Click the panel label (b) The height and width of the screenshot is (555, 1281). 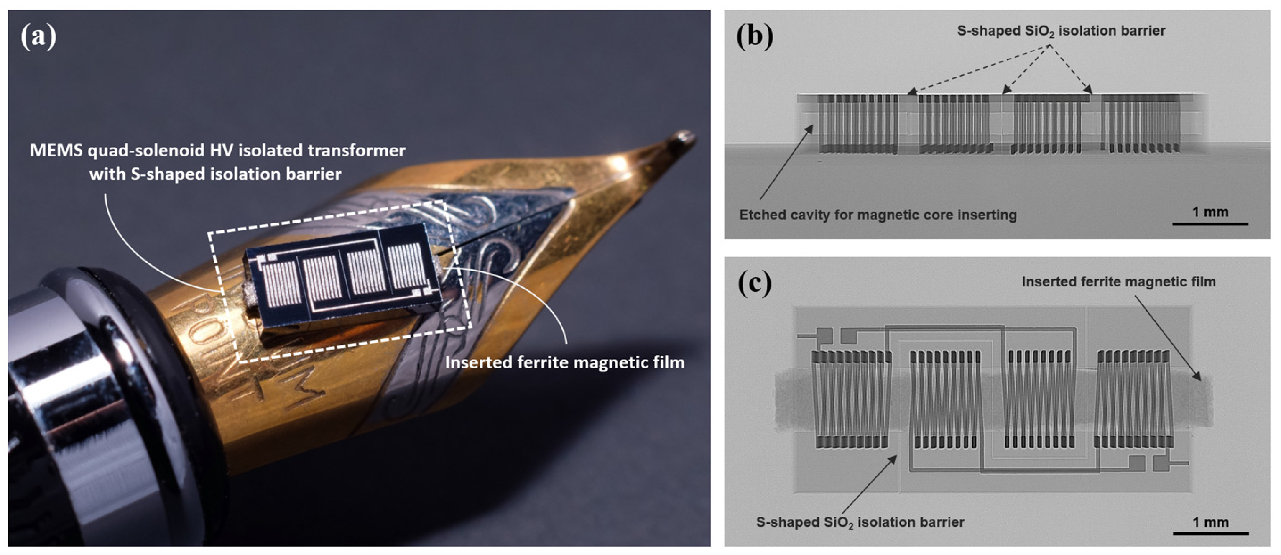754,36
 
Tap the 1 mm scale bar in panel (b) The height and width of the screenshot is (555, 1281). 1210,223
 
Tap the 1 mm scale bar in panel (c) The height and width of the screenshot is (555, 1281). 1210,533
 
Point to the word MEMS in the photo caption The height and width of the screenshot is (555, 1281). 56,150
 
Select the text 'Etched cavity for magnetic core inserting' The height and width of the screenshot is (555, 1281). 878,215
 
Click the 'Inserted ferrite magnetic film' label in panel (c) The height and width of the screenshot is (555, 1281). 1118,282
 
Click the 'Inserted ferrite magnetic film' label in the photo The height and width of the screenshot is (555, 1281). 564,362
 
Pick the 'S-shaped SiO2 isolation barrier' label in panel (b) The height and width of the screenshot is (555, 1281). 1061,31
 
